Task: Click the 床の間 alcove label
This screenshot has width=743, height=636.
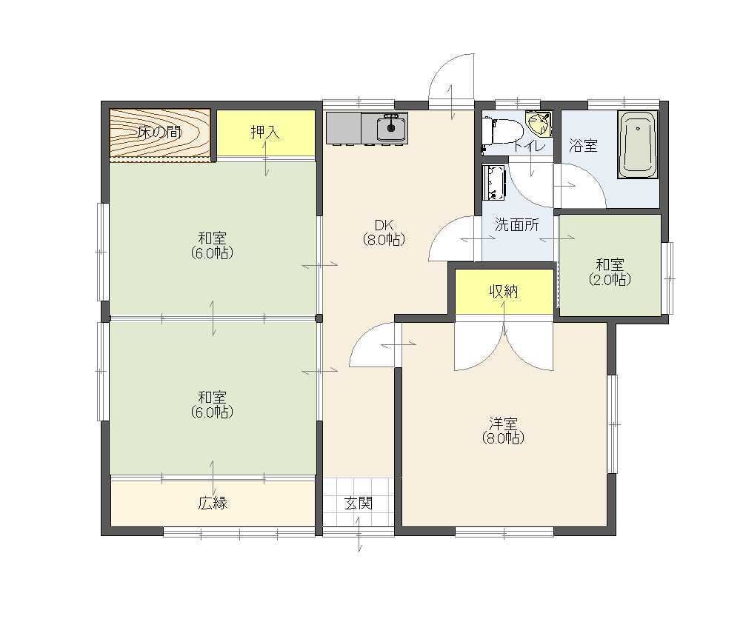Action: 160,132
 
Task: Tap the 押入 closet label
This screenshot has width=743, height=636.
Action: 265,132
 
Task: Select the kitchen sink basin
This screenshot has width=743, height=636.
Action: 391,127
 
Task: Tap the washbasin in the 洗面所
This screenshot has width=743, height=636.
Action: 494,182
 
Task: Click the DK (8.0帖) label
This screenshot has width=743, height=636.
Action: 384,232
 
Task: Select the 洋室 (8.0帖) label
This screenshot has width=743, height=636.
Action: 503,430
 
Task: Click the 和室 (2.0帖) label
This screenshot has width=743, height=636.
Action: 610,272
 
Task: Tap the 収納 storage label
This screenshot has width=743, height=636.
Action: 504,292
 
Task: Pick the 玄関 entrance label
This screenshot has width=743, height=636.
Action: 359,503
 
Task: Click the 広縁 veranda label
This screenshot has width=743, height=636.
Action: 213,503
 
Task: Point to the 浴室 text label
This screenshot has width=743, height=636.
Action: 583,145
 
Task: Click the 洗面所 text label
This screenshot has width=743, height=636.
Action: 517,224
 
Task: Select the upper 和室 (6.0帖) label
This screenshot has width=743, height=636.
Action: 213,245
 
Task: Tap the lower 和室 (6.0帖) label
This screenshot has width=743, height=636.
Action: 213,404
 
